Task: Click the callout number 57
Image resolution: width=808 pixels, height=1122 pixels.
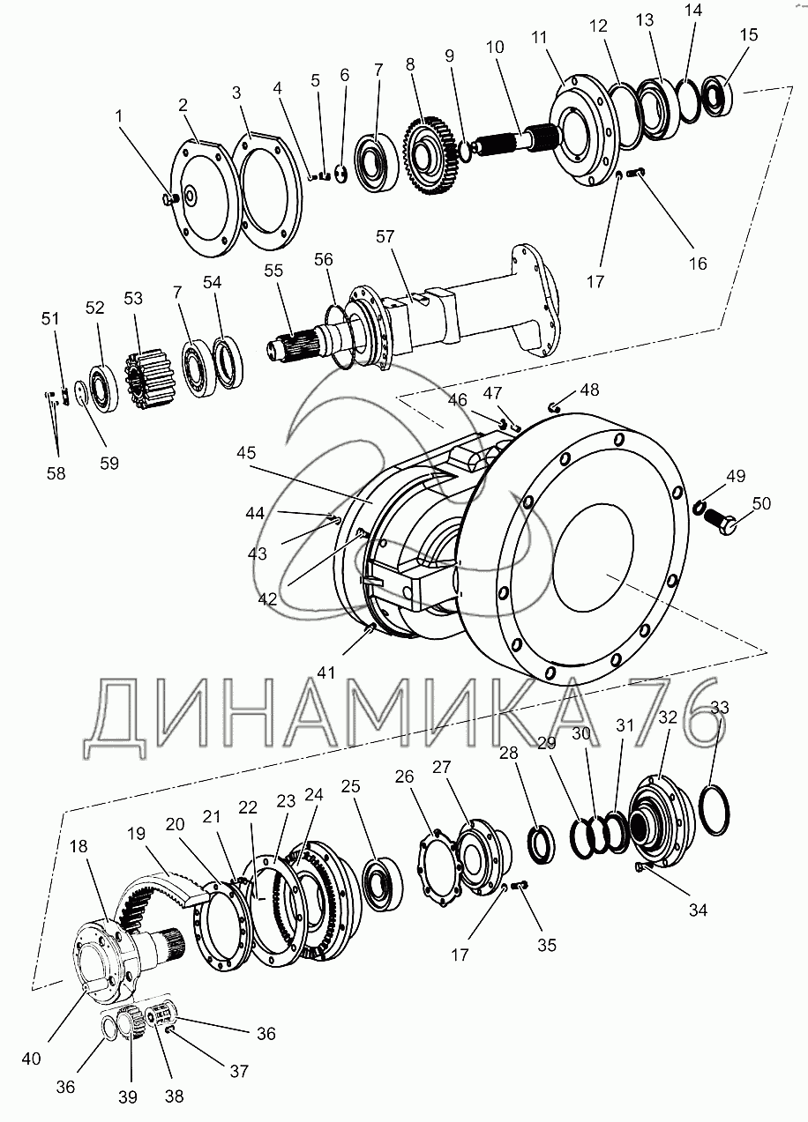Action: click(385, 236)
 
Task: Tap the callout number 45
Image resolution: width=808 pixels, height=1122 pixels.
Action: click(246, 453)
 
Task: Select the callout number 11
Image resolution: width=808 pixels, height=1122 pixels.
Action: click(539, 38)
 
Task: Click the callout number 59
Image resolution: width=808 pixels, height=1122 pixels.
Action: click(109, 464)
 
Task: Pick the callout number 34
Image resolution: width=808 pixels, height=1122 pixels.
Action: click(698, 909)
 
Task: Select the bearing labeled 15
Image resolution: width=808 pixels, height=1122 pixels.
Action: click(718, 96)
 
